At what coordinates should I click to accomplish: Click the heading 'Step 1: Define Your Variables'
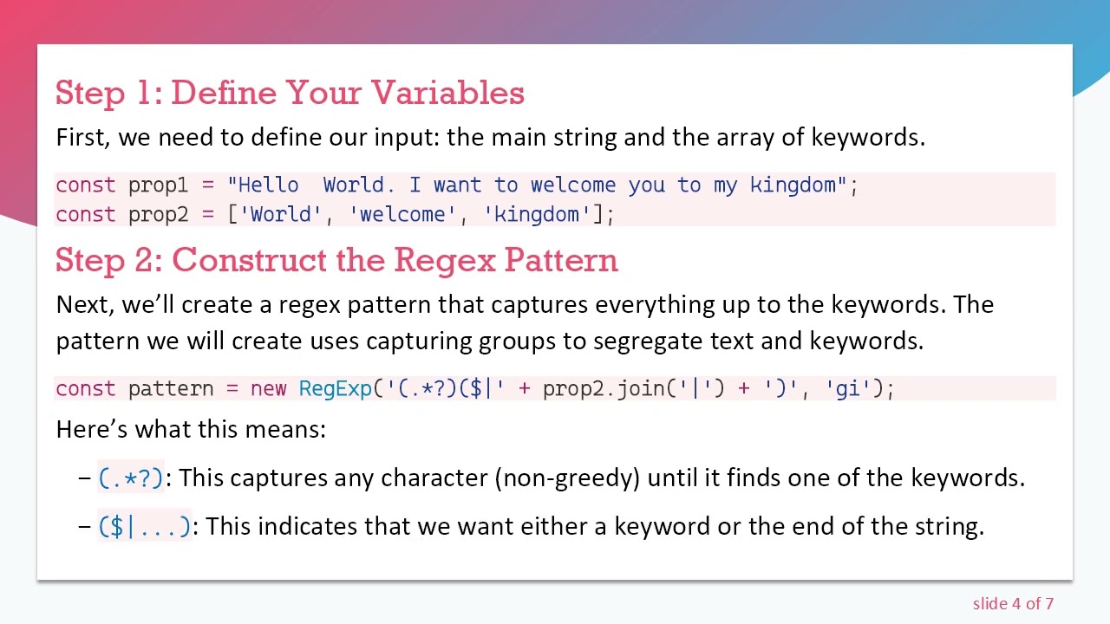click(290, 93)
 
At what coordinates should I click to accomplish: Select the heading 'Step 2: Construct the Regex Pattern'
click(336, 260)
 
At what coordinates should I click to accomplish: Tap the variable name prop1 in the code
click(158, 185)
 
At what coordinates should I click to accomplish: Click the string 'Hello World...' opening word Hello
click(268, 185)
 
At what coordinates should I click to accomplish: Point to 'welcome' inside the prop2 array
click(402, 215)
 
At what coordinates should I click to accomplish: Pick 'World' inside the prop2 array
click(281, 215)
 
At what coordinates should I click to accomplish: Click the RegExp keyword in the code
click(335, 389)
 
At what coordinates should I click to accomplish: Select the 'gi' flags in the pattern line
click(846, 389)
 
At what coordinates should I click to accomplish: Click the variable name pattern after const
click(170, 389)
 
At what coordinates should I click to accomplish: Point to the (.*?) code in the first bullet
click(131, 478)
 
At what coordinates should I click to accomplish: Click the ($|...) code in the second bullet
click(145, 527)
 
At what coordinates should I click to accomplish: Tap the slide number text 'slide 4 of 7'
click(1013, 604)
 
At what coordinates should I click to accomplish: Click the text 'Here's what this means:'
click(191, 429)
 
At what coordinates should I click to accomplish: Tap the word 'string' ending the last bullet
click(949, 527)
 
